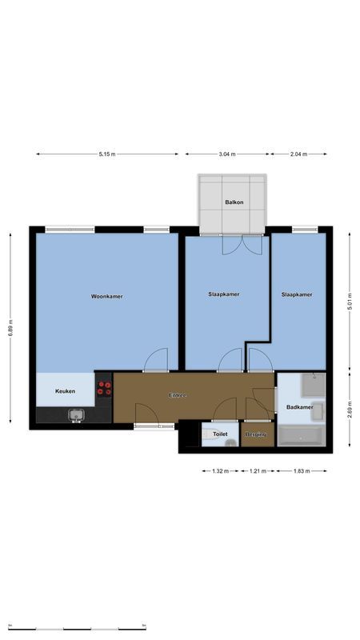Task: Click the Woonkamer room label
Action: [x=106, y=297]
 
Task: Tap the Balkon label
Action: [x=234, y=202]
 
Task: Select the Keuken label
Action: [x=66, y=391]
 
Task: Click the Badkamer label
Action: [x=299, y=408]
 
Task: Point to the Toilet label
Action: [x=220, y=434]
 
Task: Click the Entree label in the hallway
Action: [x=178, y=395]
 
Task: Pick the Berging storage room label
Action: [x=255, y=434]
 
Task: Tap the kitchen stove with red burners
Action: [x=104, y=388]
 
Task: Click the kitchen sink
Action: [x=77, y=414]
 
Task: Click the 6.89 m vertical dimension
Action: [x=11, y=329]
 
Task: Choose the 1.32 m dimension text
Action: [x=220, y=471]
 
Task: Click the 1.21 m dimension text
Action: [x=256, y=471]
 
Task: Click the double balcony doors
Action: [x=242, y=244]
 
